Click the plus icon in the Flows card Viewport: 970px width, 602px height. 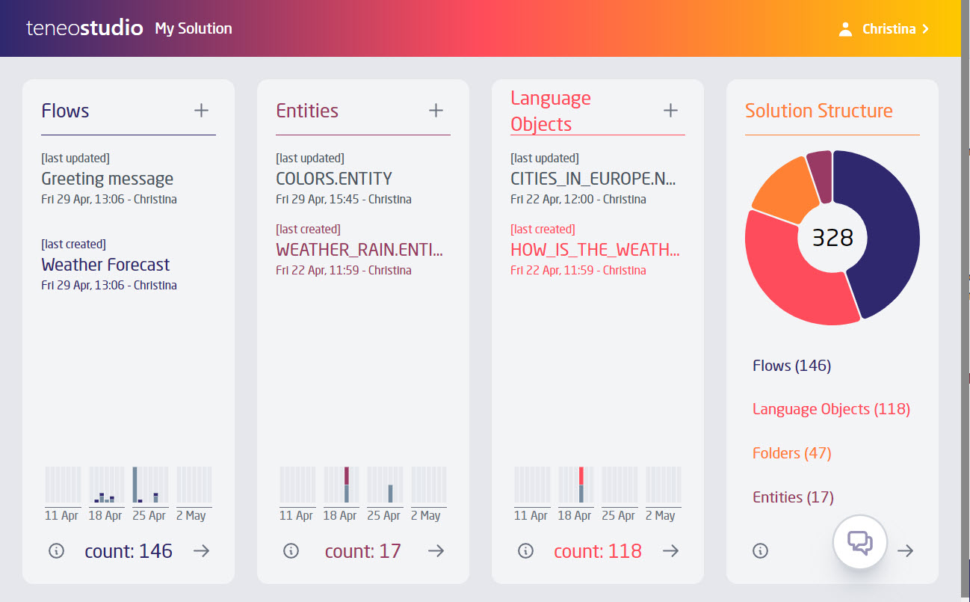click(201, 111)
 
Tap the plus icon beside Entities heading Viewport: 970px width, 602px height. click(436, 111)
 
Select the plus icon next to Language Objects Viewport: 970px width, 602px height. click(670, 111)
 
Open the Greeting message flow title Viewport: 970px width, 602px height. click(108, 179)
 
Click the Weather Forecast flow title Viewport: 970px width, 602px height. click(105, 265)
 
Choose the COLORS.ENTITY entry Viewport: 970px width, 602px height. click(334, 179)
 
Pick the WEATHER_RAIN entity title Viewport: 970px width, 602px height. click(359, 250)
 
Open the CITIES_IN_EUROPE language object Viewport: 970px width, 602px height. click(594, 179)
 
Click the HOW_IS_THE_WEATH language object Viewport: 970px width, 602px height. click(595, 250)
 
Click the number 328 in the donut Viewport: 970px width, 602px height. click(832, 238)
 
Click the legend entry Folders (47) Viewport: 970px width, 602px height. click(791, 453)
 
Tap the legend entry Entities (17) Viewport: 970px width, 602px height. click(793, 497)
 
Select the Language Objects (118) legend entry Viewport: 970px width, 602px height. click(831, 409)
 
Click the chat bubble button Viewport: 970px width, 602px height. click(860, 542)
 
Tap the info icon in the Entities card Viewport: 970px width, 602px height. click(291, 551)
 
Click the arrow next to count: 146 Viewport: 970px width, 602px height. click(201, 551)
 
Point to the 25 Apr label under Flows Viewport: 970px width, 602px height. click(149, 516)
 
